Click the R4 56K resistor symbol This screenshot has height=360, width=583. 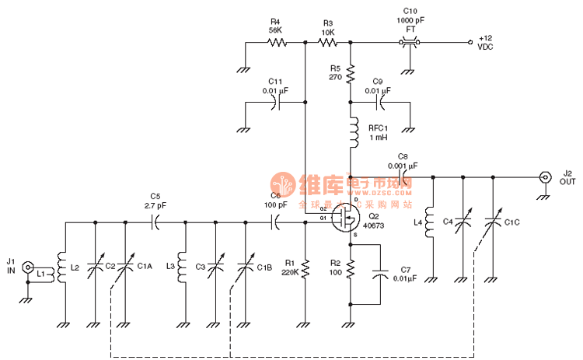point(276,43)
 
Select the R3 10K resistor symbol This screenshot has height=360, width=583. point(328,43)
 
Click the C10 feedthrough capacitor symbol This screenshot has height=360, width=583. point(410,43)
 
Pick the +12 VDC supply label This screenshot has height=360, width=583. point(486,42)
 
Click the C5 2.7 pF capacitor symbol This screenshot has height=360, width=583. point(155,222)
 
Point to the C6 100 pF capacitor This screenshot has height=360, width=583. point(275,222)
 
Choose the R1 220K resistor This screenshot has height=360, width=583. point(305,268)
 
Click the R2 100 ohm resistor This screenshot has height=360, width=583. point(351,268)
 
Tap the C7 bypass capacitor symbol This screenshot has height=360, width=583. point(380,274)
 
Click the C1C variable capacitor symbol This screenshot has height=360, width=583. point(492,223)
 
